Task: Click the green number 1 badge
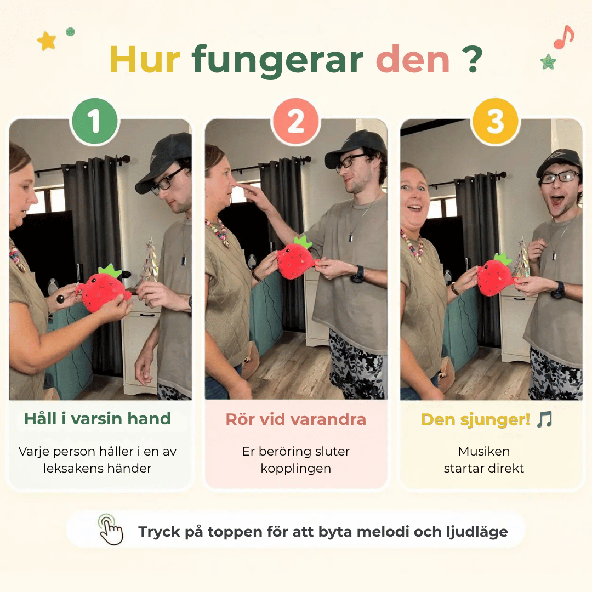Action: tap(94, 121)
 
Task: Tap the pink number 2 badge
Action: tap(295, 121)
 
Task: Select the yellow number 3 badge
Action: tap(496, 121)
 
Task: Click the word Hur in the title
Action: tap(145, 60)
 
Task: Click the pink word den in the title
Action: tap(413, 59)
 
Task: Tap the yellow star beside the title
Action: tap(47, 41)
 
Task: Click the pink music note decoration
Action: tap(563, 37)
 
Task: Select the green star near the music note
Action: tap(548, 61)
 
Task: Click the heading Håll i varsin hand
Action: tap(98, 419)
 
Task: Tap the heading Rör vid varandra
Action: tap(295, 419)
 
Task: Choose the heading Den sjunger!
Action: tap(476, 420)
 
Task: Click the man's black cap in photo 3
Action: tap(560, 162)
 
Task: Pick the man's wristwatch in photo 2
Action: tap(358, 274)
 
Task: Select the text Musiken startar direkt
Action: tap(484, 459)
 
